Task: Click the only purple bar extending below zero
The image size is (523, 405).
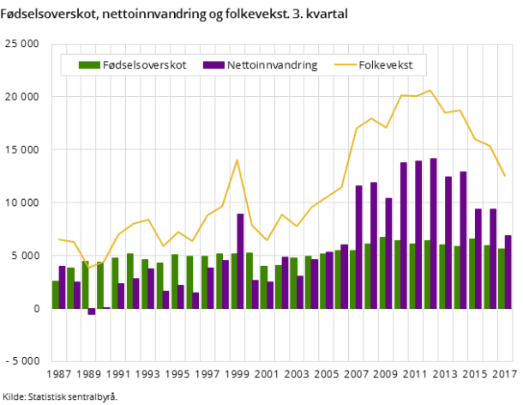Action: click(x=92, y=311)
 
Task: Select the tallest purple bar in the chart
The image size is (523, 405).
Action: click(x=434, y=232)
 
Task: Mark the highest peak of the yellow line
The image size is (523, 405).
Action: click(x=430, y=90)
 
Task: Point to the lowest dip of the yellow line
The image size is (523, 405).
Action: click(x=87, y=269)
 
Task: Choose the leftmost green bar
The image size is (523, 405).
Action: click(x=56, y=294)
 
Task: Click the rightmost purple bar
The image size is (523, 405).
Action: click(x=508, y=271)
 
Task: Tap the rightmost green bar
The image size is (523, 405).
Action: click(x=502, y=278)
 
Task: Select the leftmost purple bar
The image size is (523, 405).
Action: click(x=63, y=287)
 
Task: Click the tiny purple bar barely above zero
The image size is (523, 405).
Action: click(x=107, y=307)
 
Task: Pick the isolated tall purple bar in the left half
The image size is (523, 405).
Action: click(x=241, y=261)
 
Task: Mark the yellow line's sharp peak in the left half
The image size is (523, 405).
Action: click(x=237, y=160)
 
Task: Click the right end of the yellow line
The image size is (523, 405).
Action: click(x=505, y=176)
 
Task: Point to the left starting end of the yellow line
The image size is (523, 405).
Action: click(x=58, y=239)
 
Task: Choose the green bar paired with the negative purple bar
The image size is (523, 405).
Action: click(x=85, y=285)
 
